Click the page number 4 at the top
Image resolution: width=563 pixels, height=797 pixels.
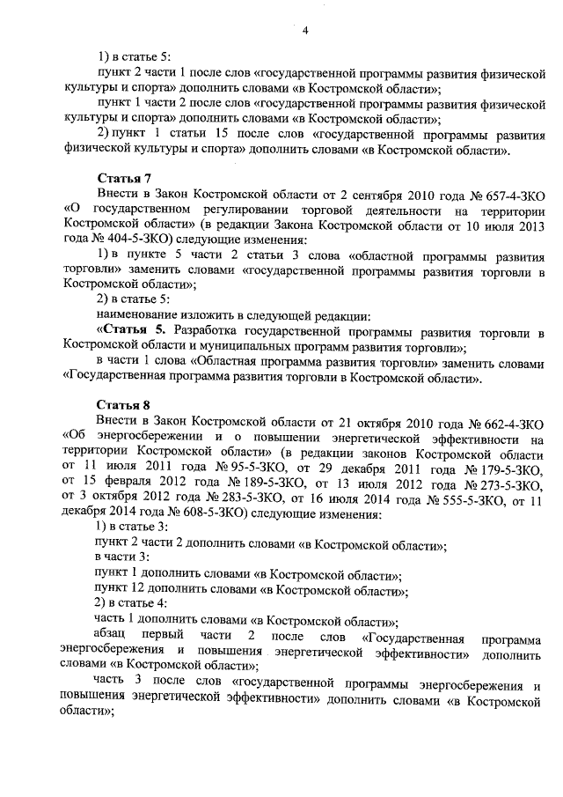tap(303, 32)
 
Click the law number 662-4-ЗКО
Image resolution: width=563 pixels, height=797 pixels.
tap(509, 420)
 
